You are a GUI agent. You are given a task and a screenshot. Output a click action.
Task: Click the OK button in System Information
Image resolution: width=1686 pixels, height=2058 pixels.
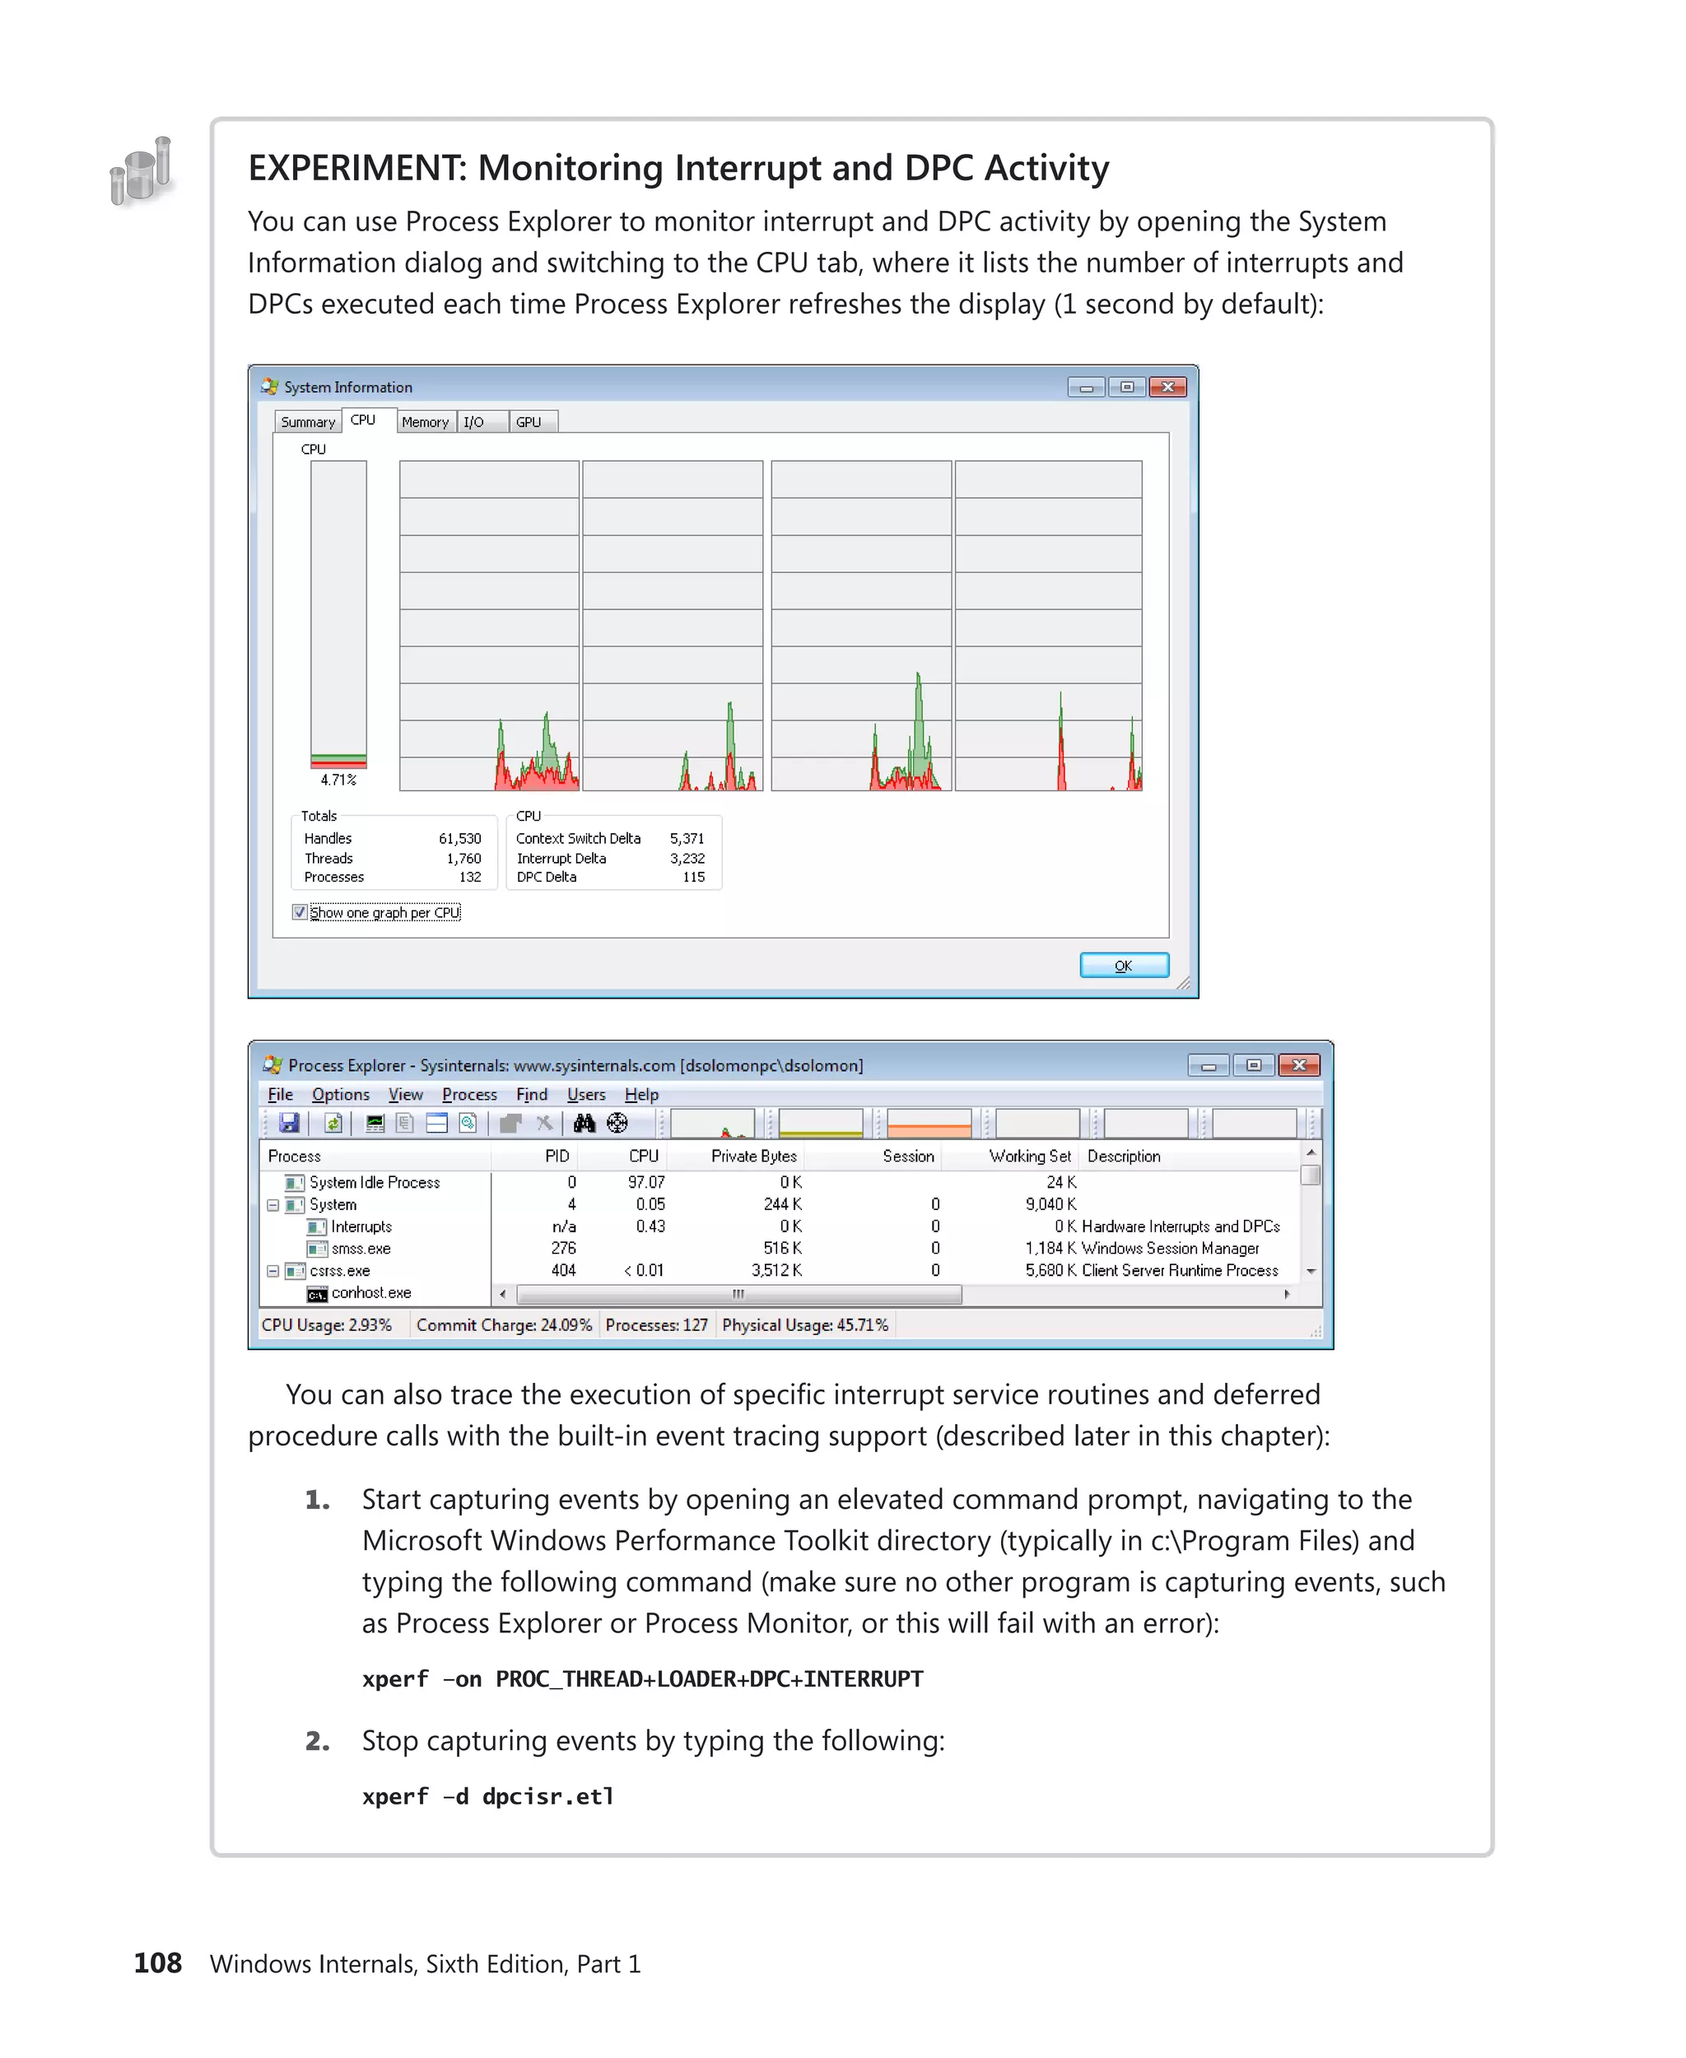tap(1124, 966)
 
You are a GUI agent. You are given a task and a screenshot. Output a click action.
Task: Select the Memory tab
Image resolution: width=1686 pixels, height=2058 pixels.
tap(425, 422)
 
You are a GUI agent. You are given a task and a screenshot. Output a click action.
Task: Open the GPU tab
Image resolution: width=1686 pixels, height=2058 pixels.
tap(529, 422)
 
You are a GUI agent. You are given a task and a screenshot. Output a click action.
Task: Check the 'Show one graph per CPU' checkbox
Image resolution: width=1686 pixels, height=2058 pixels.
tap(300, 913)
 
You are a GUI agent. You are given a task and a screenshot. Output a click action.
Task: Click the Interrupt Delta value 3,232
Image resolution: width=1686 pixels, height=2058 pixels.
tap(687, 859)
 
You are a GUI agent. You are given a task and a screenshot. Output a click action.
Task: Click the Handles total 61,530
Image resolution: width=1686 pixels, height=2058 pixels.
tap(459, 838)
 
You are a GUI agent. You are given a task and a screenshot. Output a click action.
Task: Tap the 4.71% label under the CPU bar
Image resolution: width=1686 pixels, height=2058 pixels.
tap(338, 780)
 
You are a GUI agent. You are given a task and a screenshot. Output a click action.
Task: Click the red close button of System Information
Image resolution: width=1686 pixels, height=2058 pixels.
tap(1167, 388)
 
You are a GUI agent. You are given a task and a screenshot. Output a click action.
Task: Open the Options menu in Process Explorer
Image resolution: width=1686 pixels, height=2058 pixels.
tap(340, 1095)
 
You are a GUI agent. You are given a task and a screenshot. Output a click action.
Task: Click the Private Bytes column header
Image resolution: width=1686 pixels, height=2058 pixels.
tap(752, 1156)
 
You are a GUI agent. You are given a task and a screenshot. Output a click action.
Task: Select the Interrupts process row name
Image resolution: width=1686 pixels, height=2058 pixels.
tap(361, 1227)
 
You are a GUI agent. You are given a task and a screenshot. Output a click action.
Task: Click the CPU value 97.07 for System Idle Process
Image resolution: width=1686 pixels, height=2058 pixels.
tap(646, 1182)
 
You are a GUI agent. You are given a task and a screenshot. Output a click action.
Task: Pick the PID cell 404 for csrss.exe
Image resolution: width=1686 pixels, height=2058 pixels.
tap(563, 1270)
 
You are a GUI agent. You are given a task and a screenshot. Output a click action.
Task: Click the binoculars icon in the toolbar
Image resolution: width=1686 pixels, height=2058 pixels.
tap(584, 1124)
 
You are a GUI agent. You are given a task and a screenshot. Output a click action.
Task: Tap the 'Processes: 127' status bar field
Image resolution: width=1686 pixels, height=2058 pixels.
tap(656, 1325)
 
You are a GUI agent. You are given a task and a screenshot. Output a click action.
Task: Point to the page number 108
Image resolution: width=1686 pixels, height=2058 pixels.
tap(157, 1963)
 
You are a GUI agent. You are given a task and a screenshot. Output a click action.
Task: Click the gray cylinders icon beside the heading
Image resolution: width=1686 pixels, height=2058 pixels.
tap(142, 171)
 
